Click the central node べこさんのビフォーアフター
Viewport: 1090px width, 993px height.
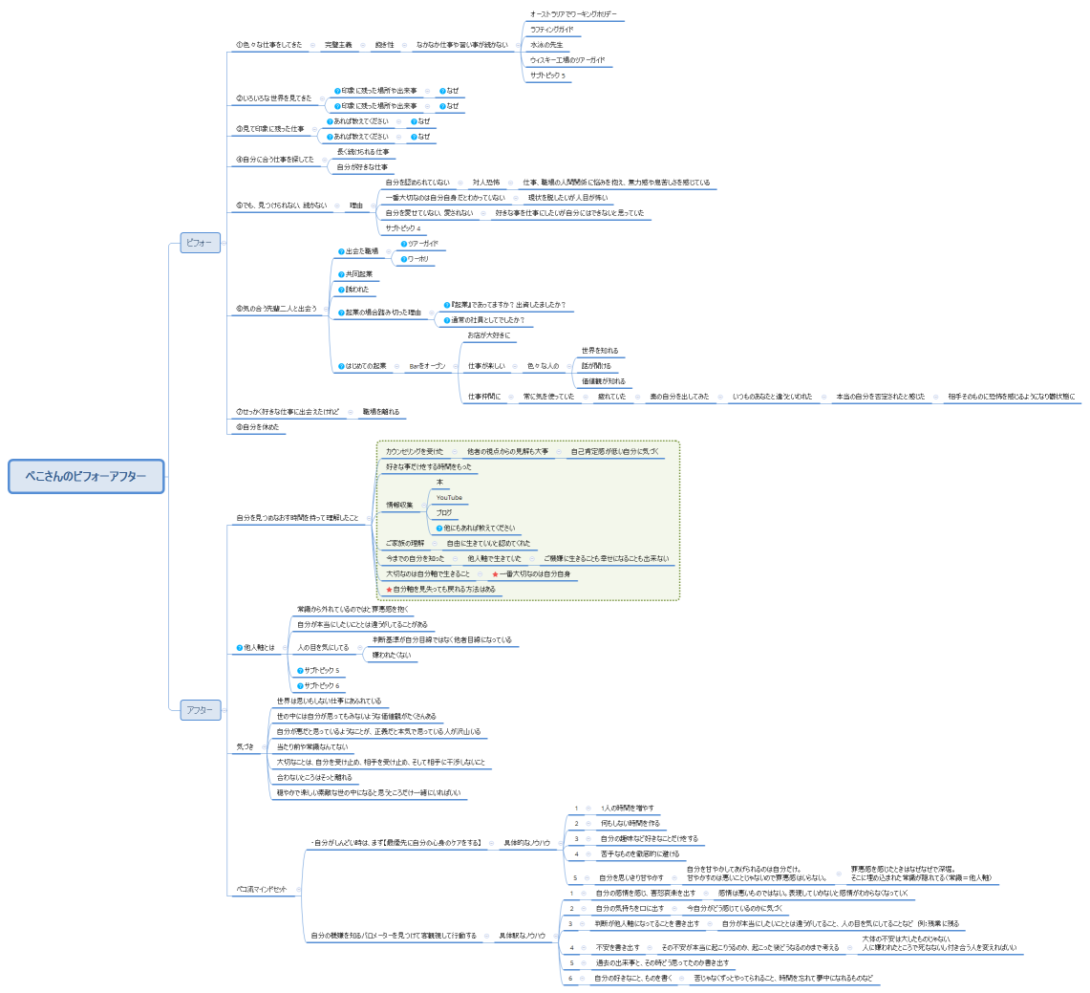[x=86, y=476]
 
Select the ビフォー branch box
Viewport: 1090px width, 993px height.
[x=201, y=244]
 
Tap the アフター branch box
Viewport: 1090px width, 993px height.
[x=201, y=710]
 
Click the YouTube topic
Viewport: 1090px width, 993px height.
[x=449, y=498]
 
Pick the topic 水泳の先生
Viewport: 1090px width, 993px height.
[x=547, y=45]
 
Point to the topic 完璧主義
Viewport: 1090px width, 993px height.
[x=338, y=45]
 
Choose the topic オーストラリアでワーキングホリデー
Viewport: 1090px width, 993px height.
[x=573, y=14]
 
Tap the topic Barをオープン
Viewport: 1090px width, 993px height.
[x=427, y=366]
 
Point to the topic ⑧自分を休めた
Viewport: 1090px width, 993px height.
[x=258, y=427]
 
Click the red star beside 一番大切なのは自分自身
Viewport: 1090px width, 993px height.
[x=495, y=574]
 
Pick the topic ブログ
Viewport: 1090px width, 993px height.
[x=444, y=513]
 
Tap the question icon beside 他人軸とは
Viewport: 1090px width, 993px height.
[x=239, y=648]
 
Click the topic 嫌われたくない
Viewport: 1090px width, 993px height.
[x=392, y=656]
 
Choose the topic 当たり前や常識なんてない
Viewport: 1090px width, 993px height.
[x=311, y=746]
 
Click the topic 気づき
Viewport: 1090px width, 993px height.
[x=246, y=746]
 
